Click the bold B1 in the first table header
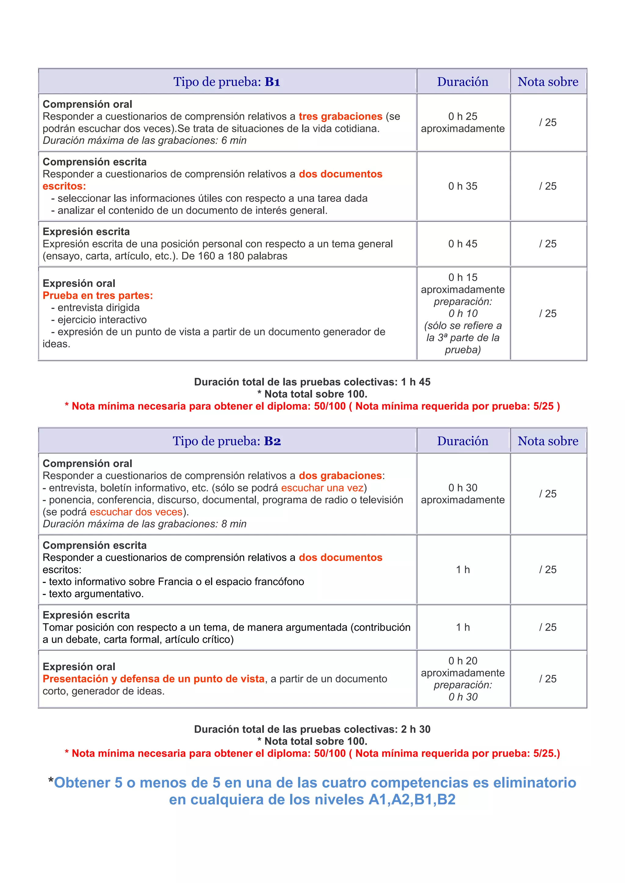click(272, 82)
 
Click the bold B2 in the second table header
click(272, 441)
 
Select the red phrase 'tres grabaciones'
click(340, 116)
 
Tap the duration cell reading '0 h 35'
click(463, 186)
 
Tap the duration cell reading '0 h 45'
click(463, 244)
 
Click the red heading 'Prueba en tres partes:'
click(98, 296)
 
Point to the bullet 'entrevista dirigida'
click(98, 308)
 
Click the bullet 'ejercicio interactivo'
click(102, 320)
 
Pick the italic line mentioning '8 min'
click(144, 524)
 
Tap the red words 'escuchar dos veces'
click(136, 512)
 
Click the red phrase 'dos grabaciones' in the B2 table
click(340, 476)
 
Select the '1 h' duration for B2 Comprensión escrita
click(463, 570)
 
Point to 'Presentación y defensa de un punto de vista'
click(154, 679)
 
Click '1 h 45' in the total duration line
click(415, 382)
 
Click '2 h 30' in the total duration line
click(415, 729)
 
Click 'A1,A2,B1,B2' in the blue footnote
click(412, 799)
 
